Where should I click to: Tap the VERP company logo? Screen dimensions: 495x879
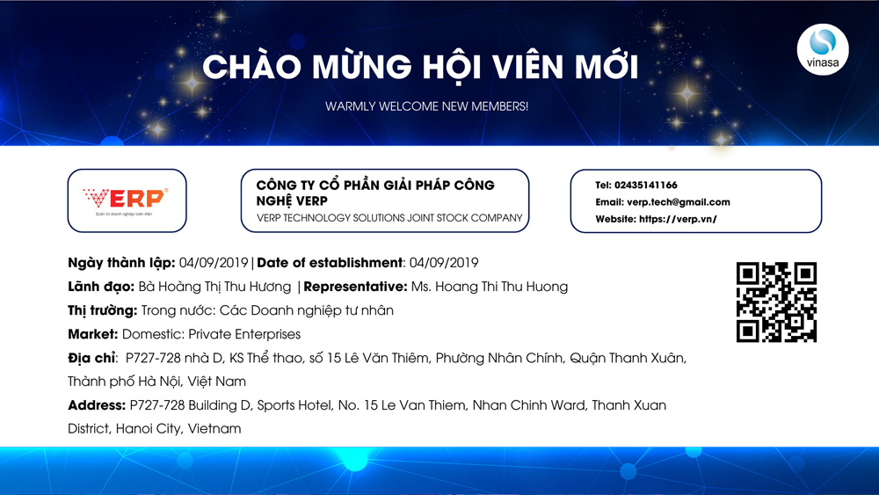coord(127,200)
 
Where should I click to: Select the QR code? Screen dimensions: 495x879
coord(776,302)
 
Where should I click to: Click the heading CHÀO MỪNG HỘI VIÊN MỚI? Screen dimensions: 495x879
coord(421,67)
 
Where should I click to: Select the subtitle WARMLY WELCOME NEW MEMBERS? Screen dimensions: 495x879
coord(426,106)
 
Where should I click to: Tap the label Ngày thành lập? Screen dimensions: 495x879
coord(121,263)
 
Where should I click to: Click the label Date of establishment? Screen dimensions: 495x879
coord(329,263)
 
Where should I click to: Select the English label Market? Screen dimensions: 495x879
coord(92,334)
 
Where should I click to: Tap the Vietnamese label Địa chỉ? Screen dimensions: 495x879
coord(91,358)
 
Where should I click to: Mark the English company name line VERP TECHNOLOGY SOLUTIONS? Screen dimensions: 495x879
coord(389,218)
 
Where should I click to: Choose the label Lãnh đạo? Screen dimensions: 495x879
coord(100,287)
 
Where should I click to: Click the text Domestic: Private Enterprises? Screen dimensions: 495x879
coord(211,334)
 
